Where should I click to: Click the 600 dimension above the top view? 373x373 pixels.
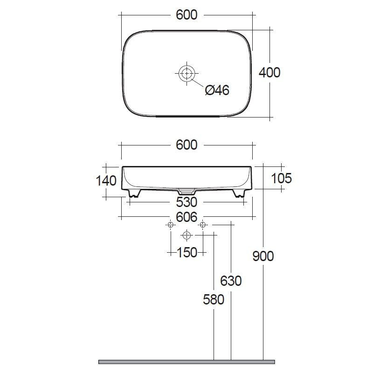point(186,15)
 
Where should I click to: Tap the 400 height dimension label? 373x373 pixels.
point(269,72)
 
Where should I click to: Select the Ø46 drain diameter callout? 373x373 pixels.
point(217,90)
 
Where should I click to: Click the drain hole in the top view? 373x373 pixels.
point(187,74)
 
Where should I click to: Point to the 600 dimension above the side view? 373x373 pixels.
point(186,145)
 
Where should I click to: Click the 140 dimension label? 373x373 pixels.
point(106,180)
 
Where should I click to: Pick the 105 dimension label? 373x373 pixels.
point(282,178)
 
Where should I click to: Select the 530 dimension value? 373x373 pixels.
point(187,202)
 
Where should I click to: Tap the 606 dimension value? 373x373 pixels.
point(187,217)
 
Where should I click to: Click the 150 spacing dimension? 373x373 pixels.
point(187,252)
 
